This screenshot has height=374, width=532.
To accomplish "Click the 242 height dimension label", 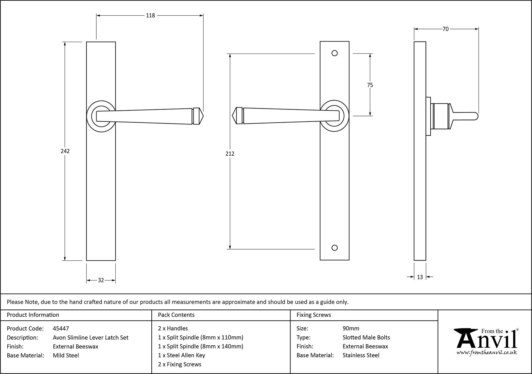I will coord(65,151).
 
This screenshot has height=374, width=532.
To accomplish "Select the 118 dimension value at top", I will coord(150,16).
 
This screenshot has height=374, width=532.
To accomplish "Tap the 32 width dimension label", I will coord(101,280).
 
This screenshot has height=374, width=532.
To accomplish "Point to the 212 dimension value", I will coord(230,154).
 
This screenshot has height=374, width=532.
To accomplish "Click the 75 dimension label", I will coord(370,85).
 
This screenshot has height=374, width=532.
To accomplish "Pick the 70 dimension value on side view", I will coord(446,29).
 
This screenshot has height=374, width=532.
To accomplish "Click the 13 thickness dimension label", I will coord(420,277).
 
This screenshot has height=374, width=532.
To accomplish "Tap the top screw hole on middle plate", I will coord(335,53).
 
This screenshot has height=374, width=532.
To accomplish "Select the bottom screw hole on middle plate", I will coord(335,248).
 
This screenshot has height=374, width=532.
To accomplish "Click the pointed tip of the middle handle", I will coord(233,116).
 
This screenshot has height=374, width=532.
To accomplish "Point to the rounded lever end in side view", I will coord(476,116).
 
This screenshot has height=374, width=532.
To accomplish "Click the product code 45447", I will coord(61,329).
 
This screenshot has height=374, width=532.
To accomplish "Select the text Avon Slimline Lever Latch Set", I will coord(90,338).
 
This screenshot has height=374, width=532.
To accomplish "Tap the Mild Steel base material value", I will coord(66,355).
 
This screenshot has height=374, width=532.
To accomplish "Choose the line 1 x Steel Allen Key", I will coord(181,355).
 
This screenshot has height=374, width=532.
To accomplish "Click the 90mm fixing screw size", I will coord(351,329).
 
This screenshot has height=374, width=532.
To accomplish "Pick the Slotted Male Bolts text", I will coord(366,338).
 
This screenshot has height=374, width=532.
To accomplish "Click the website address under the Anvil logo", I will coord(487,353).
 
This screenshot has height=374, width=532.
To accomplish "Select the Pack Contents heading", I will coord(176,315).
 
